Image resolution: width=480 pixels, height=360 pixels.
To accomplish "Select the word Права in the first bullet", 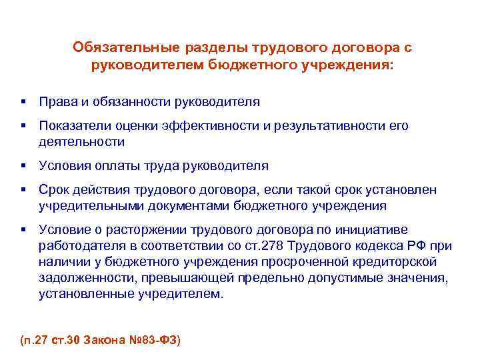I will point(55,102).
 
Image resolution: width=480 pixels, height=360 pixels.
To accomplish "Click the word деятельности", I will point(81,141).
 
